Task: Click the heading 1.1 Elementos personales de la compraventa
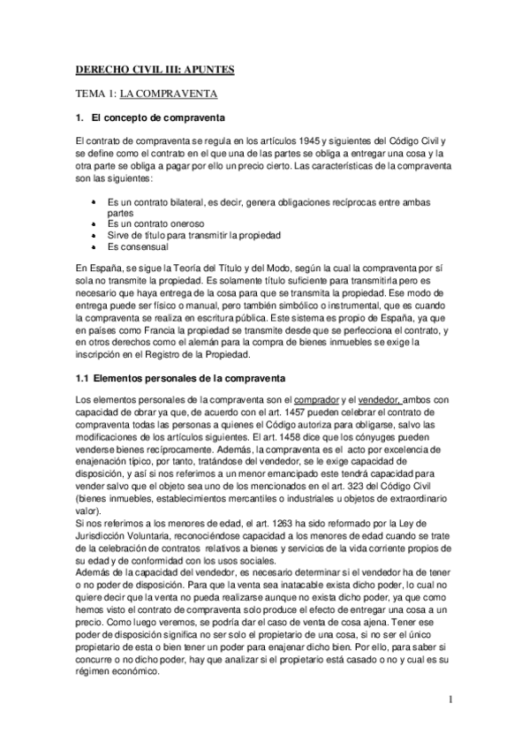178,380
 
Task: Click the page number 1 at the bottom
450,702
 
